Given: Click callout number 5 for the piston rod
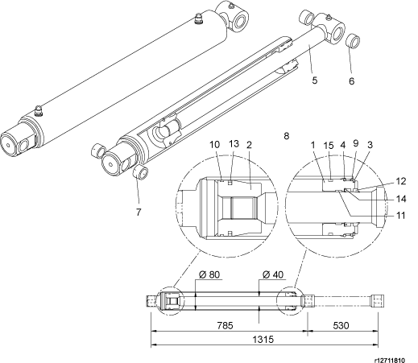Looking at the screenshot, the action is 315,80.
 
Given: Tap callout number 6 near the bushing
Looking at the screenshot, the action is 352,80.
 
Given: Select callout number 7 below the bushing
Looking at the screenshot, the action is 139,212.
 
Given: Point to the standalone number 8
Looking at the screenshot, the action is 287,136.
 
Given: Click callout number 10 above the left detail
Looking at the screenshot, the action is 215,145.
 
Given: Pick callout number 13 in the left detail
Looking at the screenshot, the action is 234,144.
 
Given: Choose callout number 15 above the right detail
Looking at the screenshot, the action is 329,146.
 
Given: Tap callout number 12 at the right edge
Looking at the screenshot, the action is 401,181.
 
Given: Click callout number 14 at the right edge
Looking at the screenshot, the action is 401,199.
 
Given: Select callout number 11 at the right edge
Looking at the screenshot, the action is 400,215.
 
